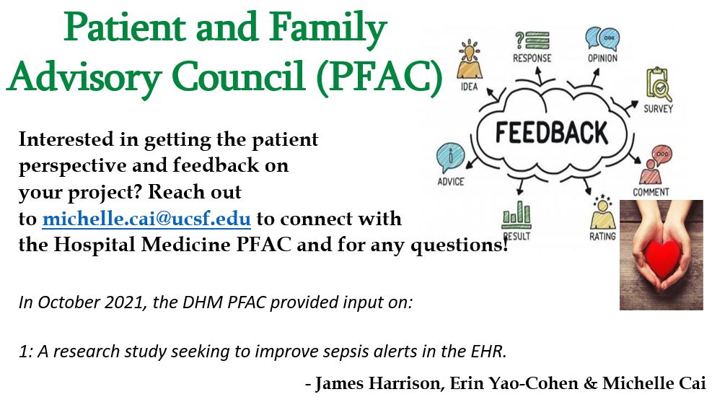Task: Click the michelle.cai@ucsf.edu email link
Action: click(146, 219)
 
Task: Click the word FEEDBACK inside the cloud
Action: click(552, 133)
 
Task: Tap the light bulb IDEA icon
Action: click(469, 59)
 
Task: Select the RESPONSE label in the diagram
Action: click(532, 58)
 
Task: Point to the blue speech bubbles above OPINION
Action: click(602, 38)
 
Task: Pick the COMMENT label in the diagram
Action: click(651, 192)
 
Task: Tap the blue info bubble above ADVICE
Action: click(450, 157)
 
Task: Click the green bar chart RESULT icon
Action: click(517, 215)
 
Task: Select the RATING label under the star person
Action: click(602, 236)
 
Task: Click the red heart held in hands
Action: click(662, 257)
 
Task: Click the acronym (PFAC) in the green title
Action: click(379, 76)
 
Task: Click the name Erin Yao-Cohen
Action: click(514, 383)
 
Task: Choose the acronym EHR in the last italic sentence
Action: click(490, 351)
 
